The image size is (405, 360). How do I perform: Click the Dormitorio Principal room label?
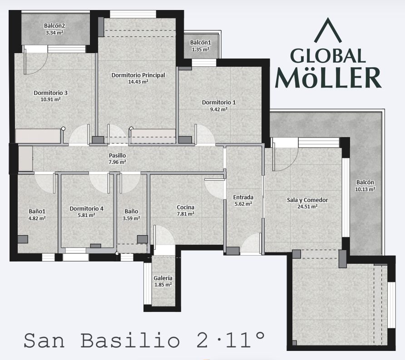138,75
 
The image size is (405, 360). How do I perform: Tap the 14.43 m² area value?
138,82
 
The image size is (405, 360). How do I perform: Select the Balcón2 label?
54,26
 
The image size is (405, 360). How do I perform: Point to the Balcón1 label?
201,43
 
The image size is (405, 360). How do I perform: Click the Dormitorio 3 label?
50,93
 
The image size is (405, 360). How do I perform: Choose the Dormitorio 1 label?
219,103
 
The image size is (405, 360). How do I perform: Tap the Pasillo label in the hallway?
117,155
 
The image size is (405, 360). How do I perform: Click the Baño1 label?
37,212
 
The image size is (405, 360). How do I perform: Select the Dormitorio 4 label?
86,208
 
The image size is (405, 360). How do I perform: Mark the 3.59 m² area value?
131,218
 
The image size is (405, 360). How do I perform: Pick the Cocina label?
185,207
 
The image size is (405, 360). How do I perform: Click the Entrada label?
243,197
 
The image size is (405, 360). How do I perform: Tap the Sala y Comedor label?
307,200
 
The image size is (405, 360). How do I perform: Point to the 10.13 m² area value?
365,189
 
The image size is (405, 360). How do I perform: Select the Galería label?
163,278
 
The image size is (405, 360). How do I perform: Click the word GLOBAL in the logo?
328,56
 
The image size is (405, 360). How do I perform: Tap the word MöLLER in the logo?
328,78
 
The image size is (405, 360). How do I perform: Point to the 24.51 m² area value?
307,206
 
